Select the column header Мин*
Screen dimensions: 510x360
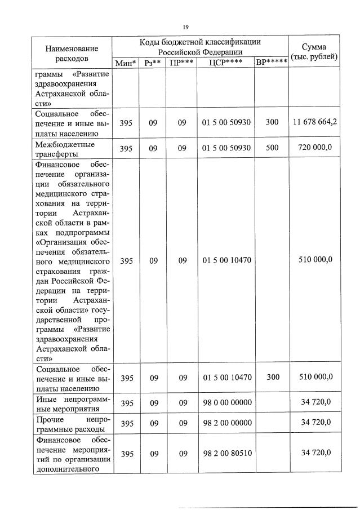(x=126, y=63)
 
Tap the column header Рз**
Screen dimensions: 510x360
(x=153, y=63)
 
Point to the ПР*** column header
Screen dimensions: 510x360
(x=181, y=63)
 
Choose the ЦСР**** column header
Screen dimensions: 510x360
(x=225, y=63)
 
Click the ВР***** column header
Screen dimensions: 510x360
(x=272, y=63)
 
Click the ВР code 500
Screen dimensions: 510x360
(x=272, y=148)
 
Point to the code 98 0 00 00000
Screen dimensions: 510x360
(x=226, y=402)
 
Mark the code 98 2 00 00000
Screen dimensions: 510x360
(x=226, y=423)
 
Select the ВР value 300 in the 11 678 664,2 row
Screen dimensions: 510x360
(x=272, y=122)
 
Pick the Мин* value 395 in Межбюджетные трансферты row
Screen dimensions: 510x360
(x=126, y=148)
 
